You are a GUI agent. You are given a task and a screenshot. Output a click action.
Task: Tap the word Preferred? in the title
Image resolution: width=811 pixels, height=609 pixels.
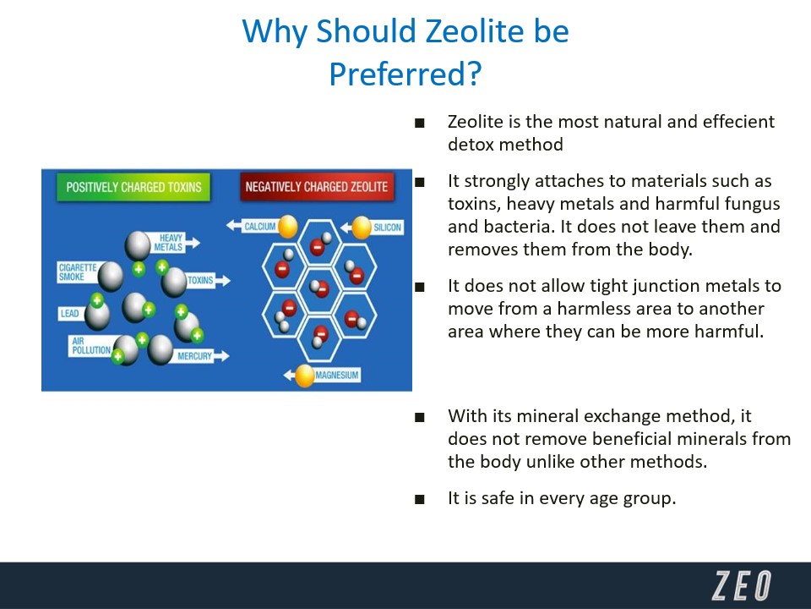pos(405,74)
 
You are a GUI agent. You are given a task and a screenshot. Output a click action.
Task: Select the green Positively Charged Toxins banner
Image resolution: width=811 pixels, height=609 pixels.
pos(133,187)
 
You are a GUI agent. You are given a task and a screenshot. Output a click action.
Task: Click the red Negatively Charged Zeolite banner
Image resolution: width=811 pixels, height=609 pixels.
pos(317,187)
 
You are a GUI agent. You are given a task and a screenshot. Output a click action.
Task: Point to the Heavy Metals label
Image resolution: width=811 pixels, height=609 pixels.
pos(169,243)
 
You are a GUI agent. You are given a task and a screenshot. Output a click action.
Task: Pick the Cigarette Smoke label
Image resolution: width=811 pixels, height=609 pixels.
pos(78,272)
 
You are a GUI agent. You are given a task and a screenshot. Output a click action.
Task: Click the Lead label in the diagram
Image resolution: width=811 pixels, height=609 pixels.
pos(70,313)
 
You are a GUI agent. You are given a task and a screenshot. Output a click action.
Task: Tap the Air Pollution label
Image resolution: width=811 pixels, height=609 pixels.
pos(91,346)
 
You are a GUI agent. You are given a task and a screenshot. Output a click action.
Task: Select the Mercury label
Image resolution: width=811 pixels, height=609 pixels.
pos(194,356)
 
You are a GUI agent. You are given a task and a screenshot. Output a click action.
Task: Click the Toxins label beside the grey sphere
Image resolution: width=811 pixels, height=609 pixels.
pos(200,280)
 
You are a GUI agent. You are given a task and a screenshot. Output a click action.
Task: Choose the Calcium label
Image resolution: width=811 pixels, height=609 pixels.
pos(259,227)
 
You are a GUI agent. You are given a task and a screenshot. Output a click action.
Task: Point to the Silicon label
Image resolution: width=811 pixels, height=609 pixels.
pos(387,228)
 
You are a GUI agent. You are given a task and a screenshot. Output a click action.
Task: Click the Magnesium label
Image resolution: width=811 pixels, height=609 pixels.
pos(337,375)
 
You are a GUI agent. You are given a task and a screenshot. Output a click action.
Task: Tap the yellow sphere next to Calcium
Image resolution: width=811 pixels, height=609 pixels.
pos(287,227)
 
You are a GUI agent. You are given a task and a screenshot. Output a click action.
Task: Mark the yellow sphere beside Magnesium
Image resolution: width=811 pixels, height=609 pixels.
pos(305,376)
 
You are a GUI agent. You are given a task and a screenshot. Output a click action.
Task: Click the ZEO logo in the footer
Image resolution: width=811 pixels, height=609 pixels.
pos(742,585)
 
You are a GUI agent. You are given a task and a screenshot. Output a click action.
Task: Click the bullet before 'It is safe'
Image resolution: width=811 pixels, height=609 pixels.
pos(420,500)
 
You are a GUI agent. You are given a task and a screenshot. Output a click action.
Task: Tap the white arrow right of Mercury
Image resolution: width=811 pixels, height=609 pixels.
pos(221,356)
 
